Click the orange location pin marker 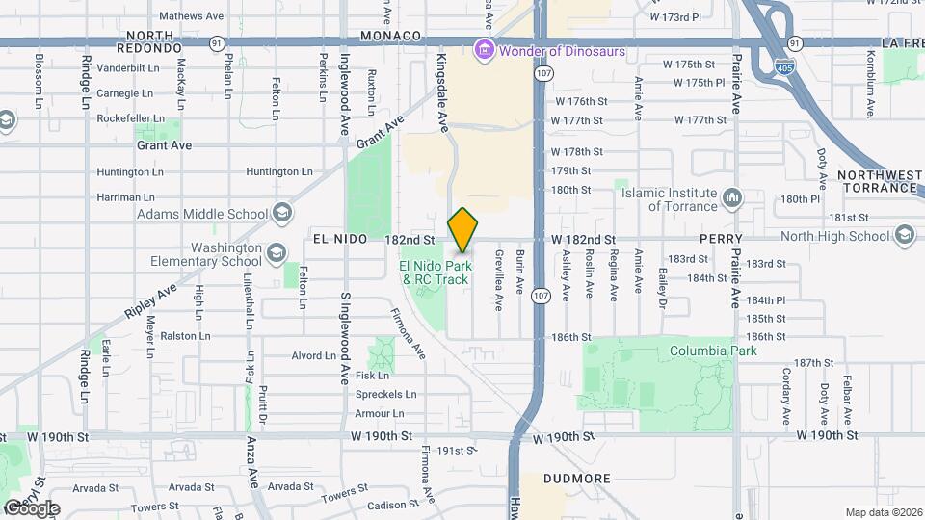462,229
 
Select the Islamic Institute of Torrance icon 732,198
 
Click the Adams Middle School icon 282,214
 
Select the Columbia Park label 713,351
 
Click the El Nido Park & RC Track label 436,273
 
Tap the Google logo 31,507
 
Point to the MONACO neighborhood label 391,36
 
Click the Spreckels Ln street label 385,394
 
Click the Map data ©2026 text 883,512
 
